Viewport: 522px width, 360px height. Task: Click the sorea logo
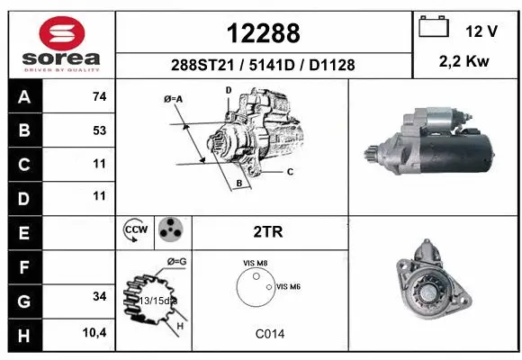pos(61,45)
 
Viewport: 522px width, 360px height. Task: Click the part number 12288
pos(263,33)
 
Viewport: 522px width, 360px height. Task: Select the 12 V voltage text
pos(481,31)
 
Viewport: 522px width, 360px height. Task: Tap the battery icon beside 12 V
pos(436,29)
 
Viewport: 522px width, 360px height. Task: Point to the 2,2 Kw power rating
pos(465,64)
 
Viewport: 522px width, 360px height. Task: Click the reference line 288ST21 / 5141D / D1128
pos(263,65)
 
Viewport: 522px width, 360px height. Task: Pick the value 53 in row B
pos(99,130)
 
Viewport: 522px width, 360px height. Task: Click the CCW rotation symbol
pos(134,231)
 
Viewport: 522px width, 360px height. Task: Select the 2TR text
pos(269,231)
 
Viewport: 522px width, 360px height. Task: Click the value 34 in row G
pos(99,296)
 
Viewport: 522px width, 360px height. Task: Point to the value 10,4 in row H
pos(96,333)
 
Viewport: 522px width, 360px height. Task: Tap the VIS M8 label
pos(256,263)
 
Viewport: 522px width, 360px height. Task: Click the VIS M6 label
pos(288,286)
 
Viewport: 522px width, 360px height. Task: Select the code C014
pos(269,333)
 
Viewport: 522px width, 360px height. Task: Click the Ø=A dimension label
pos(174,98)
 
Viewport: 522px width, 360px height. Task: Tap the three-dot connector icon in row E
pos(169,231)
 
